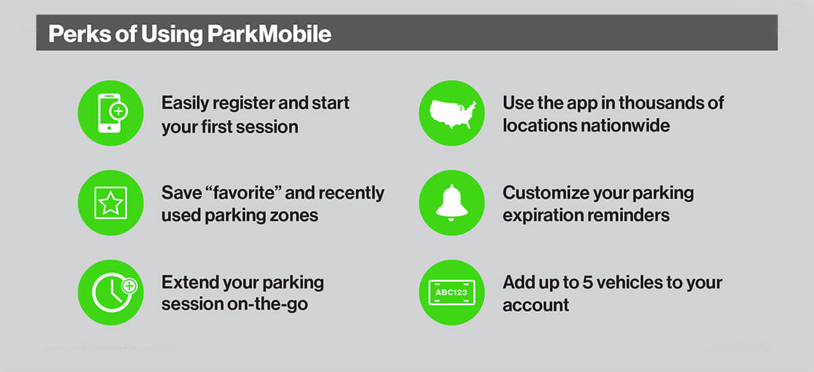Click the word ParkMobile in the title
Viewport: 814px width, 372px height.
coord(269,34)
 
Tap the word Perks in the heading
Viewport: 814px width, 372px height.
coord(79,34)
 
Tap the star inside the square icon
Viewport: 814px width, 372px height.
coord(111,203)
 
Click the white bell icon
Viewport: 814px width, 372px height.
coord(452,203)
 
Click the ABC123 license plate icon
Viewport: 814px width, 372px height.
coord(452,293)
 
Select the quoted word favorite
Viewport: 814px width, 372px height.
coord(244,192)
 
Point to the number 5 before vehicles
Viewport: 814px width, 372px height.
coord(587,283)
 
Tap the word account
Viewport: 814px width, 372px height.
coord(536,305)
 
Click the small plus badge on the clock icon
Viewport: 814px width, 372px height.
coord(130,286)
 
